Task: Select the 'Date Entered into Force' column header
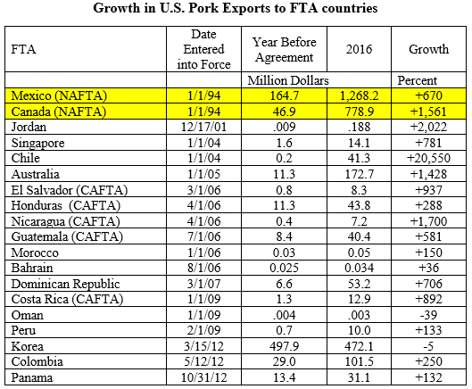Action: click(203, 49)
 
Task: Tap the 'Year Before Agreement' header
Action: click(284, 49)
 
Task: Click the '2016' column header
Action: click(359, 49)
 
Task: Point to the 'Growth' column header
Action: click(428, 49)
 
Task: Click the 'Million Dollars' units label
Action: click(288, 80)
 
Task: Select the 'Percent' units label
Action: click(417, 80)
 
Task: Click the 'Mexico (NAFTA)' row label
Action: click(59, 95)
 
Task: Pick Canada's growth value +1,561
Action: click(428, 112)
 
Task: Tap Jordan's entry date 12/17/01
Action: click(203, 127)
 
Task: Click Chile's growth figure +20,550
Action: click(428, 158)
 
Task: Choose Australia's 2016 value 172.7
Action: click(359, 174)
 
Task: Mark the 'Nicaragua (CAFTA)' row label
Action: click(66, 221)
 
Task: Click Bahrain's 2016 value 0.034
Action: click(359, 268)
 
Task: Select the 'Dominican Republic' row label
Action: click(66, 284)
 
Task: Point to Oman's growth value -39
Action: click(428, 315)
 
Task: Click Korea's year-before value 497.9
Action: click(284, 346)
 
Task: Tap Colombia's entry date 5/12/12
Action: click(203, 361)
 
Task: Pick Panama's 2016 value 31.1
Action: click(359, 377)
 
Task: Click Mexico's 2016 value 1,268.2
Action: click(359, 95)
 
